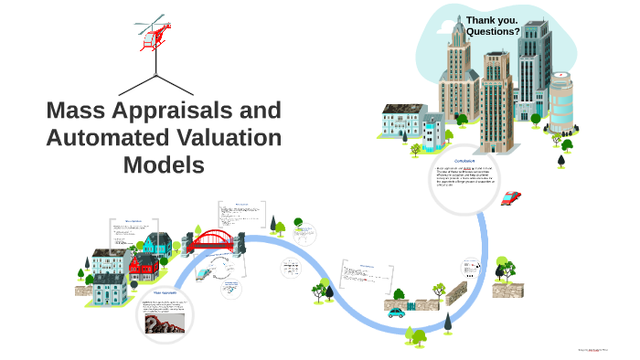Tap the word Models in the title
click(164, 165)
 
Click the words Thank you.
click(492, 19)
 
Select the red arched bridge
click(214, 240)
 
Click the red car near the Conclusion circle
click(510, 197)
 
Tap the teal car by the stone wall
click(396, 312)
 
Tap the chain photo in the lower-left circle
click(161, 321)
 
